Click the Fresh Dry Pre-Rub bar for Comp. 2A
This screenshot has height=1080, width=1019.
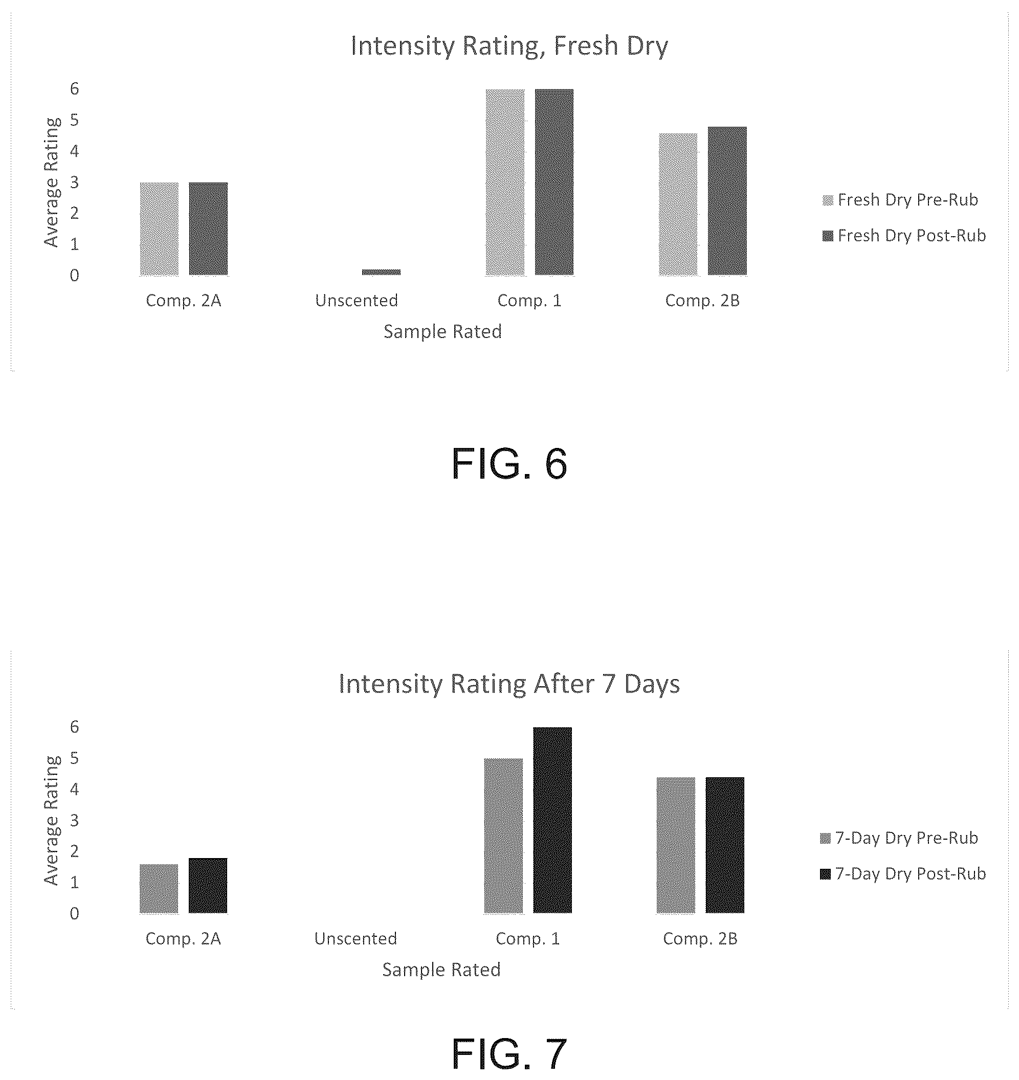pyautogui.click(x=159, y=229)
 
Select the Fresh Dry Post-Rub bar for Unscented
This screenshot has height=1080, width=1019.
pyautogui.click(x=381, y=272)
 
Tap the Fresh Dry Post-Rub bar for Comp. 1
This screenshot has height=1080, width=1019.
pyautogui.click(x=554, y=182)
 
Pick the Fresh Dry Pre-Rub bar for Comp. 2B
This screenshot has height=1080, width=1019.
pyautogui.click(x=678, y=204)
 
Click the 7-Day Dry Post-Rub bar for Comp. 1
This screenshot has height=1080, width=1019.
pyautogui.click(x=552, y=820)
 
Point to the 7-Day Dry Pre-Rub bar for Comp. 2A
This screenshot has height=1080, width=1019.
pyautogui.click(x=159, y=888)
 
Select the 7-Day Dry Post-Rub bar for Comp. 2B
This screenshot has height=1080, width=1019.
pyautogui.click(x=725, y=845)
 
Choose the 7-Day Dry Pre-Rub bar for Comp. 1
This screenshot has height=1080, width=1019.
pyautogui.click(x=503, y=836)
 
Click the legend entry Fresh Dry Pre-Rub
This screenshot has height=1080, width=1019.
pyautogui.click(x=900, y=200)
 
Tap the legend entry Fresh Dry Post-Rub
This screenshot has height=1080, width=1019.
pyautogui.click(x=904, y=235)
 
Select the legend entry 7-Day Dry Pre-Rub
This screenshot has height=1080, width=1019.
pyautogui.click(x=899, y=838)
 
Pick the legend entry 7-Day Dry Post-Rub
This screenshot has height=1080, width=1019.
pyautogui.click(x=903, y=873)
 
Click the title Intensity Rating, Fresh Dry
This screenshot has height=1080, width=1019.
pyautogui.click(x=509, y=46)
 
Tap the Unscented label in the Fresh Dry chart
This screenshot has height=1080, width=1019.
pyautogui.click(x=357, y=300)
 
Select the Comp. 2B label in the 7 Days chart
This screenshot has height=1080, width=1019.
pyautogui.click(x=700, y=939)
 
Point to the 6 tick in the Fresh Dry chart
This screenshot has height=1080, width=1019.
pyautogui.click(x=75, y=88)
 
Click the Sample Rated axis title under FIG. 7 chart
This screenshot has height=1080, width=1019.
pyautogui.click(x=441, y=970)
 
